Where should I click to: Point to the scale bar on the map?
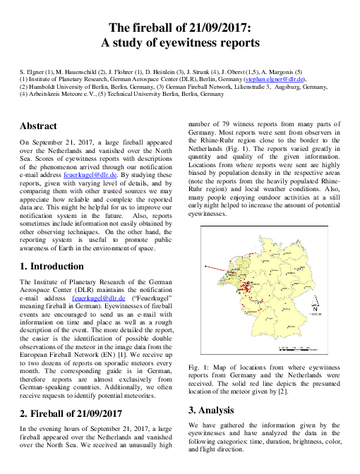click(296, 347)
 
